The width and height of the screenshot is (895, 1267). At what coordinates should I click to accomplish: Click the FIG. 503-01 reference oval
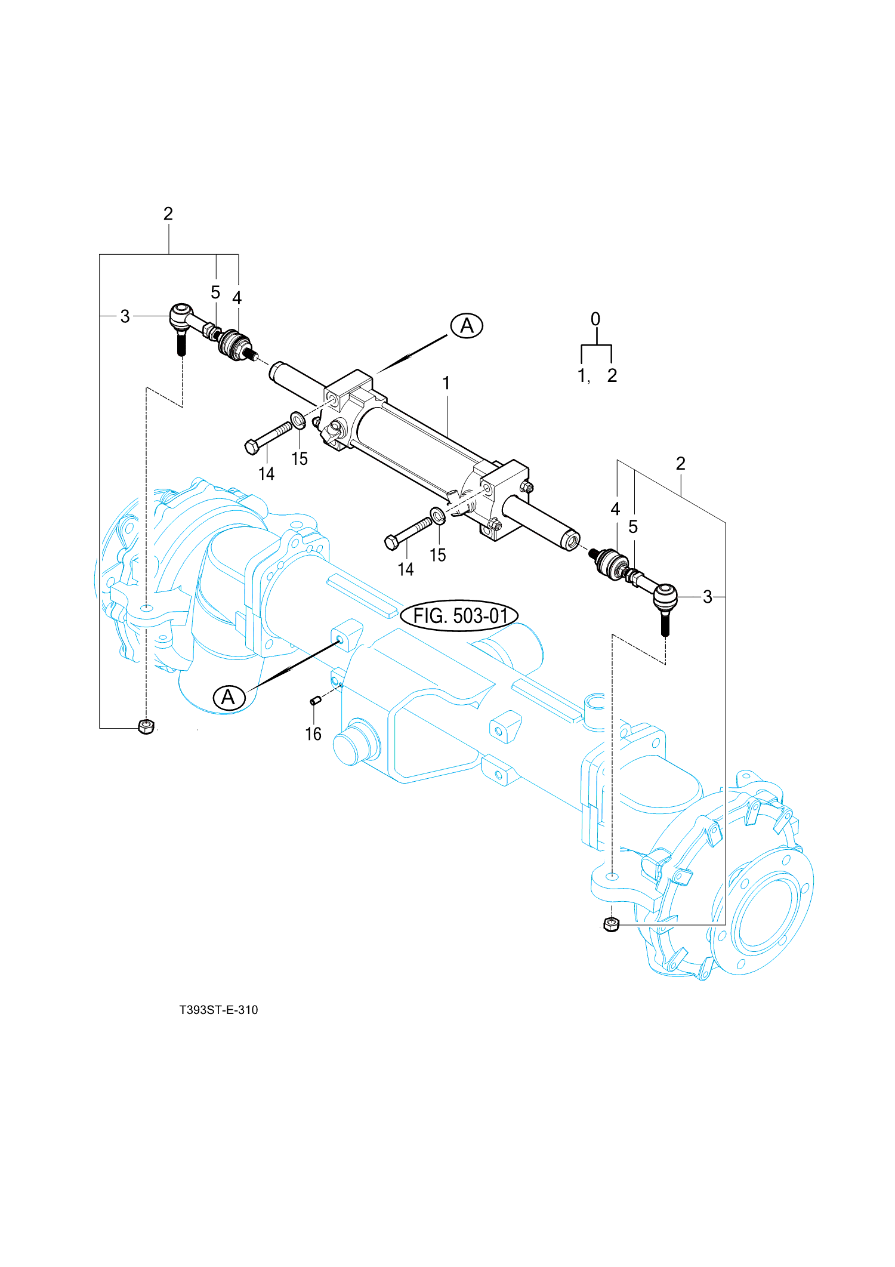(x=459, y=615)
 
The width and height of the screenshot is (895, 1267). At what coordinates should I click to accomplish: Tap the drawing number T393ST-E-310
(x=218, y=1010)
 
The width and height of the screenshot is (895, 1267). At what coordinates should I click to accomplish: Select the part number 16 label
(x=313, y=733)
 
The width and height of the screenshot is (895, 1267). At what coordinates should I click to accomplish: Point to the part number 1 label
(x=446, y=383)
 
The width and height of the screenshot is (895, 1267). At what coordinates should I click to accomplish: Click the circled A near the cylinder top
(x=467, y=326)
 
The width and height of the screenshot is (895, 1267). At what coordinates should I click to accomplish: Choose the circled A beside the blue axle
(x=229, y=697)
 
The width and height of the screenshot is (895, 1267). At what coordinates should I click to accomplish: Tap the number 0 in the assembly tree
(x=595, y=319)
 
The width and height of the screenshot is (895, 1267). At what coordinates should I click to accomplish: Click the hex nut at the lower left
(x=146, y=726)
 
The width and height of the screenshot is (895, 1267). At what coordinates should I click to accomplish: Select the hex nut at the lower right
(x=612, y=924)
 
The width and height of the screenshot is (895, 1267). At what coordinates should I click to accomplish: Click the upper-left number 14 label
(x=266, y=474)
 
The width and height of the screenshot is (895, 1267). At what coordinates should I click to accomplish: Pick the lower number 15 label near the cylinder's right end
(x=438, y=555)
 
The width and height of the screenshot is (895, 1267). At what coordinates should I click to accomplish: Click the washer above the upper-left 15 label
(x=298, y=420)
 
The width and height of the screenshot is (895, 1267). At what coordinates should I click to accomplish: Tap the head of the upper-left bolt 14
(x=252, y=447)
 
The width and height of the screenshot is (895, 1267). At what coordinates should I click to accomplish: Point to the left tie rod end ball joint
(x=181, y=316)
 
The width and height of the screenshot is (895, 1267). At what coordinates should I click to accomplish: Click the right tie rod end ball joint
(x=665, y=596)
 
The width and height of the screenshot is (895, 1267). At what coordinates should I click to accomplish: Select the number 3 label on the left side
(x=125, y=316)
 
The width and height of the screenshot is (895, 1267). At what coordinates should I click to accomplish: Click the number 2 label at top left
(x=168, y=214)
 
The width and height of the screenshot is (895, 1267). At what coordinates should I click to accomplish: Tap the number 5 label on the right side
(x=633, y=526)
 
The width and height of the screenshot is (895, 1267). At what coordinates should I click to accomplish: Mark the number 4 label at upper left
(x=237, y=298)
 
